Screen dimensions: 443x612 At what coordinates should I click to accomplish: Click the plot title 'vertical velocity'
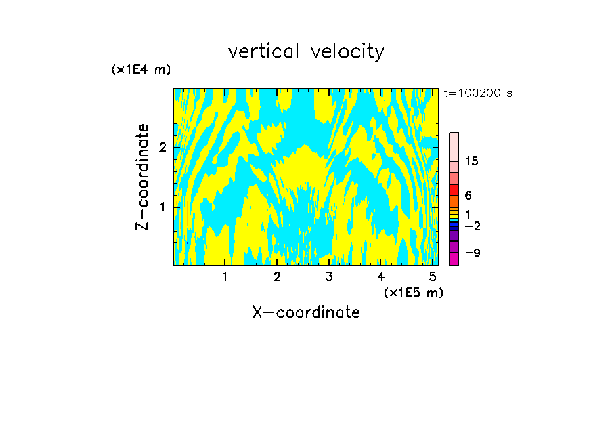[x=306, y=51]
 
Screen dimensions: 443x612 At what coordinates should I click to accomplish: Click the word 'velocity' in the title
[x=347, y=51]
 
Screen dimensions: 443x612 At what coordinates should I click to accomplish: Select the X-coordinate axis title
[x=306, y=312]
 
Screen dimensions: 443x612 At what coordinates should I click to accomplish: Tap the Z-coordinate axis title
[x=142, y=177]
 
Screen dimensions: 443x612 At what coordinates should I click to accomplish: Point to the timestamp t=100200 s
[x=478, y=93]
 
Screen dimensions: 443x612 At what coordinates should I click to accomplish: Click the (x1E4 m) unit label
[x=141, y=70]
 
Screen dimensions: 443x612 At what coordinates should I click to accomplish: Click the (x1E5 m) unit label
[x=413, y=292]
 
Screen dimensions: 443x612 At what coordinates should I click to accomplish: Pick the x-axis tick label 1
[x=225, y=277]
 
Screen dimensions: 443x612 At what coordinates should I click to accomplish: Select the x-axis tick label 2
[x=277, y=277]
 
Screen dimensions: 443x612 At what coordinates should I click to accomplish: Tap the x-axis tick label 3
[x=329, y=277]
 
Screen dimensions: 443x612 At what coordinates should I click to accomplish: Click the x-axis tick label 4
[x=381, y=277]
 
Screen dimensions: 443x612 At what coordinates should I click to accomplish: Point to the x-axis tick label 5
[x=433, y=277]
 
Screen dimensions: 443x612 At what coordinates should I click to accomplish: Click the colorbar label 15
[x=472, y=161]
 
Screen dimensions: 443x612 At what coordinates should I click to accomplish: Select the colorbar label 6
[x=468, y=196]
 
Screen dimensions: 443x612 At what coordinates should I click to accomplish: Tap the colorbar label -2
[x=472, y=226]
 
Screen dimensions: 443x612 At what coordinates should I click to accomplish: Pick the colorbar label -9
[x=472, y=253]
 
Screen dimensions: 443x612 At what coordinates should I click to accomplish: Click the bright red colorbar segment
[x=454, y=190]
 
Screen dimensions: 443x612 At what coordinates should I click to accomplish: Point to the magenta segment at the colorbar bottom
[x=454, y=259]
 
